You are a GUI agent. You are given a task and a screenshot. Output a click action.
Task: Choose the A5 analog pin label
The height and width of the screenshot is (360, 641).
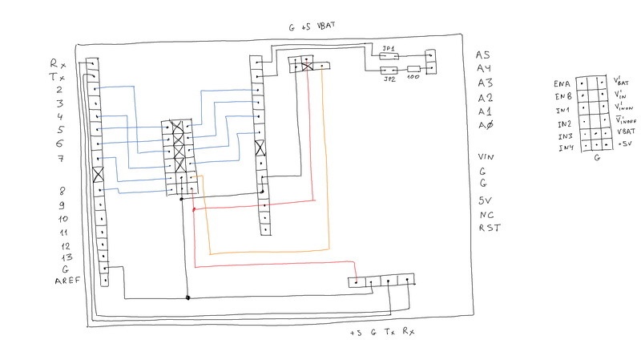pos(482,55)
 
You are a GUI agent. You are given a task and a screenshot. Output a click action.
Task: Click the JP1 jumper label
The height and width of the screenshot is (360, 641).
pos(390,50)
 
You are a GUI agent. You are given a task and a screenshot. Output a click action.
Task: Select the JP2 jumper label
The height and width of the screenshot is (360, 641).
pos(390,79)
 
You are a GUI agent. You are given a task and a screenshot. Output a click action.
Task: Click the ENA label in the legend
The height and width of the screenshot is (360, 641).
pos(562,83)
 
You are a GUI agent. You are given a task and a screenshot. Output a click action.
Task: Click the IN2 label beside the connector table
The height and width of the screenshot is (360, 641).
pos(564,124)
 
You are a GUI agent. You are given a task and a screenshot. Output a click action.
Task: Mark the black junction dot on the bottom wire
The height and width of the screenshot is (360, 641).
pos(187,298)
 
